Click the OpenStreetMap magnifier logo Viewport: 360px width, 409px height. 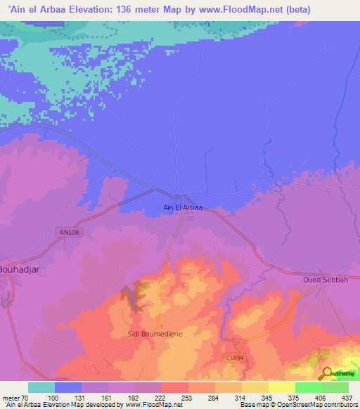[328, 372]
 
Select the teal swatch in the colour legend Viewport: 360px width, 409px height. [41, 387]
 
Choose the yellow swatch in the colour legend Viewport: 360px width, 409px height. [282, 387]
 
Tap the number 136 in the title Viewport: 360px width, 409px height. [123, 9]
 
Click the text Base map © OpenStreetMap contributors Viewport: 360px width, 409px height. [299, 405]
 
